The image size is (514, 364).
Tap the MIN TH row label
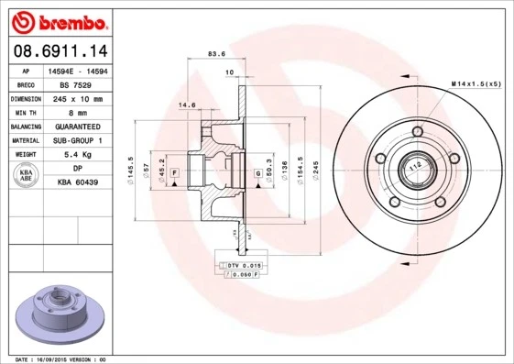click(24, 112)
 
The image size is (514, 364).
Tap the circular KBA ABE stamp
click(27, 176)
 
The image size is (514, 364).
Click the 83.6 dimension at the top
click(217, 53)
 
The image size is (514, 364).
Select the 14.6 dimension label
click(187, 105)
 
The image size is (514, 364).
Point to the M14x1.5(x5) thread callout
click(476, 84)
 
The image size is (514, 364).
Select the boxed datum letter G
click(257, 171)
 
